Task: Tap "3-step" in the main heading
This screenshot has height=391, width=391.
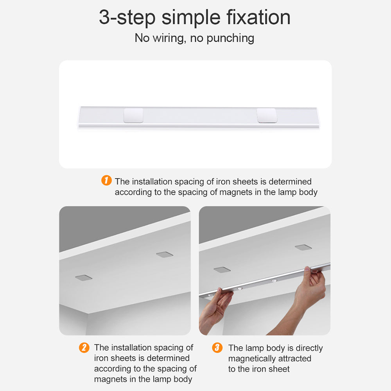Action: (x=127, y=18)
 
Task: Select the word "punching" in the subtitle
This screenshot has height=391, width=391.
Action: (x=230, y=38)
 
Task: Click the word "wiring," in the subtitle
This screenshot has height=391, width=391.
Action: (x=169, y=38)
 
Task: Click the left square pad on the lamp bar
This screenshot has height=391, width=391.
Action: (x=133, y=115)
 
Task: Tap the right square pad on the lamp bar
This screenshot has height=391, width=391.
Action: (x=267, y=115)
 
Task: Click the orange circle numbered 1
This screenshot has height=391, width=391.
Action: (x=106, y=180)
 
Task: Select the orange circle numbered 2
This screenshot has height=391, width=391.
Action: (x=84, y=347)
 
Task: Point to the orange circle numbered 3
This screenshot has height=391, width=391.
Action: (x=217, y=347)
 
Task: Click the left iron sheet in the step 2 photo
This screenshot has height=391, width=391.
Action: (x=84, y=278)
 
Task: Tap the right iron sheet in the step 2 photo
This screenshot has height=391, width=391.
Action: (x=165, y=255)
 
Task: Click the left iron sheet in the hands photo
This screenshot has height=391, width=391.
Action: (x=222, y=269)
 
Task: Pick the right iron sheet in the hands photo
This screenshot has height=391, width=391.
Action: (x=303, y=247)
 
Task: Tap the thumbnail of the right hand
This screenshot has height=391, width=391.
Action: (x=307, y=269)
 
